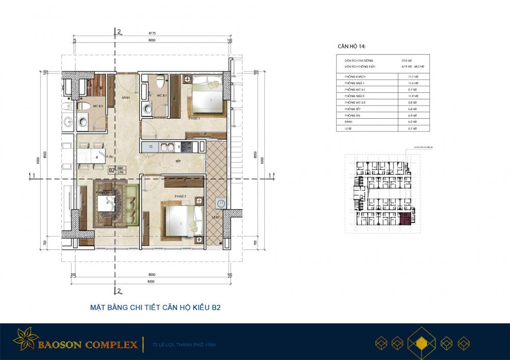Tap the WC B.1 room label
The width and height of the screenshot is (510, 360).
click(160, 96)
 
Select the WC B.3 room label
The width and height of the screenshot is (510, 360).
click(97, 106)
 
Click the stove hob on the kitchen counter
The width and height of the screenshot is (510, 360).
click(187, 147)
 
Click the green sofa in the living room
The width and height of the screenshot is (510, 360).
click(132, 203)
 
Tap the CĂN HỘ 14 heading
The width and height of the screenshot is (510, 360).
click(351, 46)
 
